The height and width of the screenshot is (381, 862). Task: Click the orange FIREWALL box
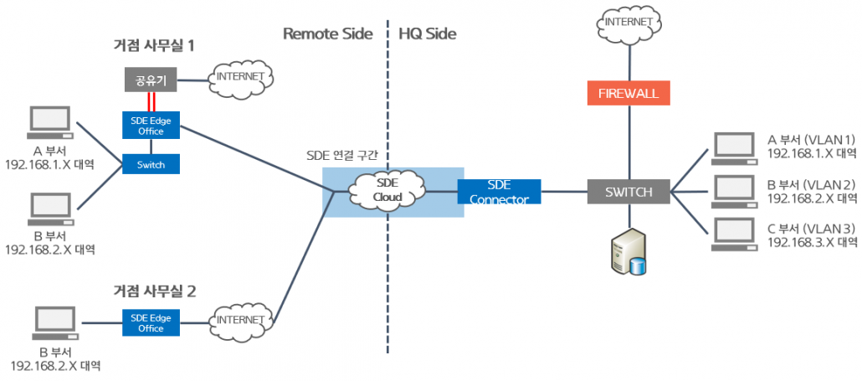[x=628, y=93]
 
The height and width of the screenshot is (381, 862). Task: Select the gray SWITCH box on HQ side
[x=629, y=192]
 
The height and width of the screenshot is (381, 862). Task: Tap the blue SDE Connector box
[x=499, y=192]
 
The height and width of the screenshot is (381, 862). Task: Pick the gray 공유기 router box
[x=151, y=80]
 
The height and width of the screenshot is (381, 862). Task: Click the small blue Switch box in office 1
[x=151, y=164]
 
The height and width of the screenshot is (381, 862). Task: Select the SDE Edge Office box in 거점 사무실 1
[x=151, y=125]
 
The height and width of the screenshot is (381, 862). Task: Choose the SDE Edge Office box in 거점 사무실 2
[x=151, y=322]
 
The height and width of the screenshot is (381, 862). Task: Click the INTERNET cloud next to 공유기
[x=241, y=77]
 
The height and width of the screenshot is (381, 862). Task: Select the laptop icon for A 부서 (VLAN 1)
[x=733, y=147]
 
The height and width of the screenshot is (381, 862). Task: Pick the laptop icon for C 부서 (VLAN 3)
[x=733, y=235]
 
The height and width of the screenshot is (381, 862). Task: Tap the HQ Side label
[x=428, y=33]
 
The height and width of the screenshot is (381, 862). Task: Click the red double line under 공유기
[x=151, y=101]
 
